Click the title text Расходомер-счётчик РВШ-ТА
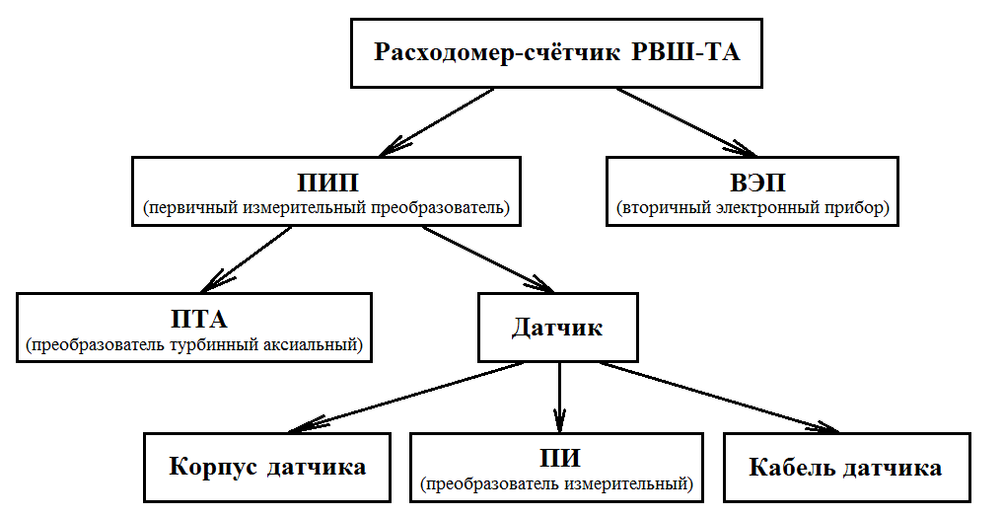(556, 52)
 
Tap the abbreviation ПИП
(327, 184)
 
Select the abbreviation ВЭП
(758, 184)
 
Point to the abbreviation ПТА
(199, 319)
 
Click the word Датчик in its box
(557, 328)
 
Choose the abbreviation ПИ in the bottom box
(560, 459)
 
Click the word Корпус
(214, 468)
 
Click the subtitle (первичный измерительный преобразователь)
(326, 209)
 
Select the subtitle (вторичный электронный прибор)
(752, 209)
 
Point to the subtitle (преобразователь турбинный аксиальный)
(194, 345)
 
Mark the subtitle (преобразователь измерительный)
(557, 484)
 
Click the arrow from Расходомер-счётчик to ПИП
(437, 121)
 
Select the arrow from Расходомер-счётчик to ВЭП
(686, 121)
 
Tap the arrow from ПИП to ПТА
(247, 259)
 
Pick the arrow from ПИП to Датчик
(488, 259)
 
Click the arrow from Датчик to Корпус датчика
(407, 397)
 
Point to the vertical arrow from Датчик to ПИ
(560, 398)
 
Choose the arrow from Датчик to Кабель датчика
(719, 397)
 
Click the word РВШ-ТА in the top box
(685, 52)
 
